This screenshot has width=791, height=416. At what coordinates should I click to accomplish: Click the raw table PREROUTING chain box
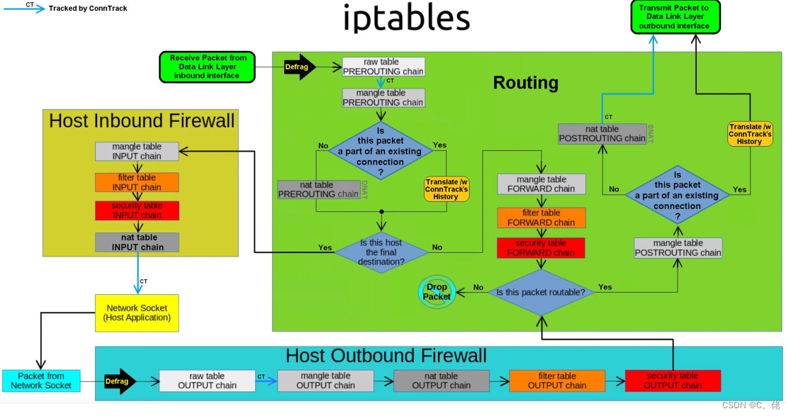click(x=383, y=67)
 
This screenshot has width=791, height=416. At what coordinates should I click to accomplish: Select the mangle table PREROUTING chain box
click(x=383, y=98)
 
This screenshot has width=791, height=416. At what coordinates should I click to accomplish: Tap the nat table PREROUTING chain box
click(x=318, y=189)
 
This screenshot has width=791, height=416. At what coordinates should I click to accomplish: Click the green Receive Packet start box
click(x=208, y=67)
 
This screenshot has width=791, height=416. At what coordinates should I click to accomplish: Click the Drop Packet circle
click(x=437, y=292)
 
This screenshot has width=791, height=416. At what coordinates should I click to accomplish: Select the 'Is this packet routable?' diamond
click(x=541, y=292)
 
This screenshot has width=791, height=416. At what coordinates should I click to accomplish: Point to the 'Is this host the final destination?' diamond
click(x=381, y=252)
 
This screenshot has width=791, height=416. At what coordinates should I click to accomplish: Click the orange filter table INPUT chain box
click(x=137, y=182)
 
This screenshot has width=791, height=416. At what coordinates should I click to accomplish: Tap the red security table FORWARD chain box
click(x=541, y=247)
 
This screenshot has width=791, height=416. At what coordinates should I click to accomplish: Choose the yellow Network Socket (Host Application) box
click(x=137, y=313)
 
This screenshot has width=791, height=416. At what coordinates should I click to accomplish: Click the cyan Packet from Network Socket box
click(x=41, y=381)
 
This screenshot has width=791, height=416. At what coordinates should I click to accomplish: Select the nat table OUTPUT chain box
click(x=441, y=381)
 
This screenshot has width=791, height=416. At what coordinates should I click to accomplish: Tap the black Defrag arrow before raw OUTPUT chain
click(x=118, y=381)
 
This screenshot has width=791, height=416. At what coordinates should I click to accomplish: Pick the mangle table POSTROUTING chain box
click(x=678, y=247)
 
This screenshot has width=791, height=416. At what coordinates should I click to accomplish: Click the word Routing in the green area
click(x=525, y=83)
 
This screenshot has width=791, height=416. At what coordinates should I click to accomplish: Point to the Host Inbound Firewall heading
click(x=142, y=120)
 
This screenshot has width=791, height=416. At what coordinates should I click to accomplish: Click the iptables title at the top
click(x=406, y=18)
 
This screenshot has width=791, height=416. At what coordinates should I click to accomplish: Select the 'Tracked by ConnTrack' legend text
click(x=89, y=9)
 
